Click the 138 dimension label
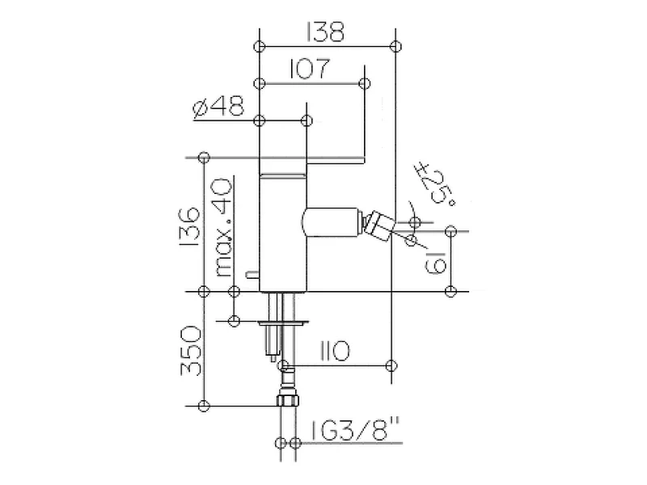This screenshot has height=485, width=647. tap(324, 32)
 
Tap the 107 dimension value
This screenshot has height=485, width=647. tap(310, 69)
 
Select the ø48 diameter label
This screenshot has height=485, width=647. tap(218, 107)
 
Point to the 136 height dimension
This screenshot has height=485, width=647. tap(191, 227)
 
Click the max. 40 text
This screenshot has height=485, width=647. tap(224, 228)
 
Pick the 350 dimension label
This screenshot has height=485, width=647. tap(191, 351)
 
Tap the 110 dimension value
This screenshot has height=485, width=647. tap(335, 352)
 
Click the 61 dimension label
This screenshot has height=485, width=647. tap(435, 262)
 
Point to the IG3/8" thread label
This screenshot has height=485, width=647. tap(355, 429)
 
